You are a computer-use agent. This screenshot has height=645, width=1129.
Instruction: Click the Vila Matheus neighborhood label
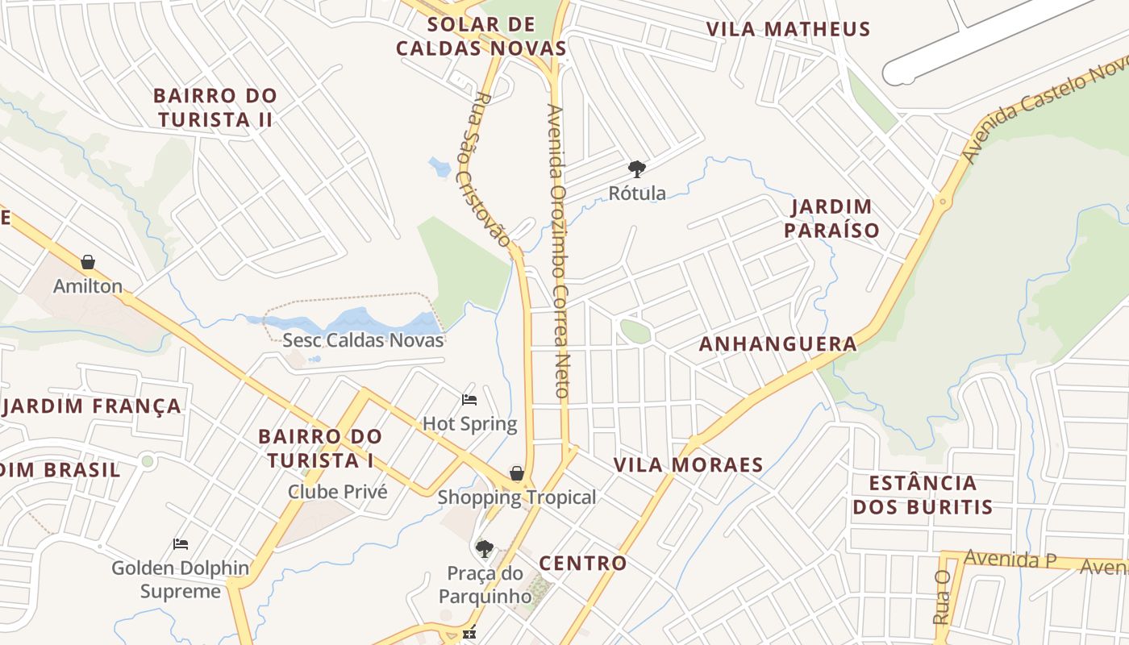pos(788,29)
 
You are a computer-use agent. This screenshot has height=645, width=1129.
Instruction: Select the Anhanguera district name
pos(777,344)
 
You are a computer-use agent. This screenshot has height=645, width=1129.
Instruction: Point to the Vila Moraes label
pos(688,465)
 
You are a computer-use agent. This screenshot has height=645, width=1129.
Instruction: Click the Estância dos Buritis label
pos(923,495)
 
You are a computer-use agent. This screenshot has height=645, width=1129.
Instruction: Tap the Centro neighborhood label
pos(582,564)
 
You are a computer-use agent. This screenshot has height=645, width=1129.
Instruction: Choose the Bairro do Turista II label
pos(215,107)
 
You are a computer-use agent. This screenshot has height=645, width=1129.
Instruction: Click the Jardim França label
pos(93,406)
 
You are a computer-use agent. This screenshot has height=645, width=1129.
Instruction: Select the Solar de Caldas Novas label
pos(481,36)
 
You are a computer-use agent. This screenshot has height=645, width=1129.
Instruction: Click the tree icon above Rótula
pos(637,169)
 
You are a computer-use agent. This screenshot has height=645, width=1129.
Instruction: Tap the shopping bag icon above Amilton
pos(88,262)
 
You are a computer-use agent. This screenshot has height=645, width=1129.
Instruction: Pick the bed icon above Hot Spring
pos(469,399)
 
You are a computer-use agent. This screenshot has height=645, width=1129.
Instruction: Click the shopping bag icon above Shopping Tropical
pos(516,473)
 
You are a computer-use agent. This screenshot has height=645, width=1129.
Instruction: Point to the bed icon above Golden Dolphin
pos(181,544)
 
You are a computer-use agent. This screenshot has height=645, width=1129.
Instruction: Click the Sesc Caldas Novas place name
pos(363,339)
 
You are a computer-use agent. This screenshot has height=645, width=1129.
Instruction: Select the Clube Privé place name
pos(338,491)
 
